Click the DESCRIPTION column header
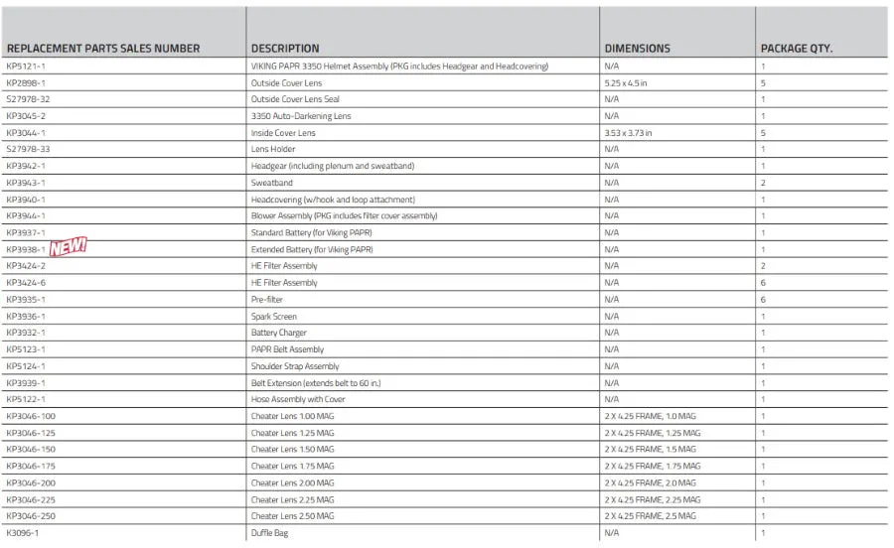285,48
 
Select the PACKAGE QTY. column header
796,48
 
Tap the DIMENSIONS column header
637,48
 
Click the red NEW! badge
70,247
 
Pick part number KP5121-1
26,67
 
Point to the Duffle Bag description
270,533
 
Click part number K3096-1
23,533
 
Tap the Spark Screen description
274,317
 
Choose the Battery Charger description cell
279,333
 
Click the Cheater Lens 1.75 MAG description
293,466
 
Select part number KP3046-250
31,516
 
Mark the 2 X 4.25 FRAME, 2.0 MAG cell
652,482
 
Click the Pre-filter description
268,300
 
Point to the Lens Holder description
273,150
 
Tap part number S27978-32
28,99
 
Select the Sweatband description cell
271,183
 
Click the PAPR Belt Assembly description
287,349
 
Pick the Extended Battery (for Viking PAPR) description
312,249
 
